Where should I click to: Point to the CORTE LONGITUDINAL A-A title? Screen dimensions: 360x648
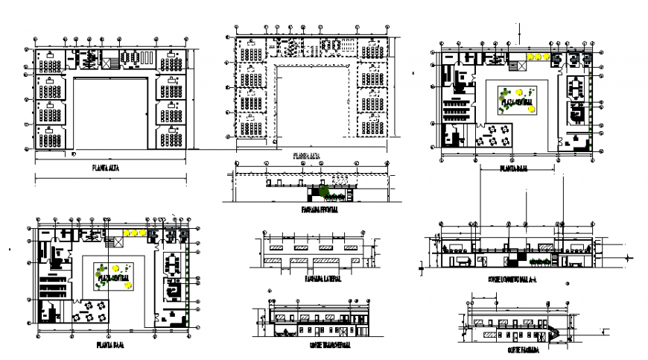(x=517, y=277)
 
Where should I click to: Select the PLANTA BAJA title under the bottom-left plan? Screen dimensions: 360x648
(x=109, y=345)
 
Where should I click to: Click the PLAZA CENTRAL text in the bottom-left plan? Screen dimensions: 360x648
(x=112, y=277)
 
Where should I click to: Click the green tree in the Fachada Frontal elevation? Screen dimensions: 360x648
(x=325, y=192)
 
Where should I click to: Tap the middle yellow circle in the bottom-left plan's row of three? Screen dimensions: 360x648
(x=135, y=233)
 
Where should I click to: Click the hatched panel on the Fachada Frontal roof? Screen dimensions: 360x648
(x=340, y=180)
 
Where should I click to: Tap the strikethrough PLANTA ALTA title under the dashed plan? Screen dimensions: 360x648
(x=306, y=157)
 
